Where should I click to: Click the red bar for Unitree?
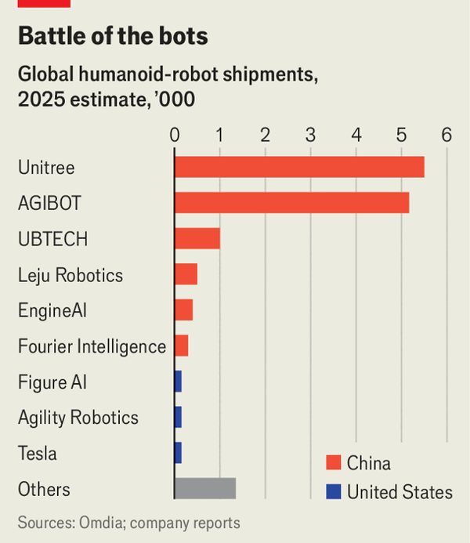298,167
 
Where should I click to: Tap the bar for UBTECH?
197,238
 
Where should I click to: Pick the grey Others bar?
204,488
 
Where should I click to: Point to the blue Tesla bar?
178,453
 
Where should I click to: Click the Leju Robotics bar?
186,274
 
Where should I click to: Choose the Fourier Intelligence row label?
92,346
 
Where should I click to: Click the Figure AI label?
52,382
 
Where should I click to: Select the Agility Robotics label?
78,418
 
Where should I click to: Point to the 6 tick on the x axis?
446,135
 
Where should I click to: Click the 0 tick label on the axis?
175,135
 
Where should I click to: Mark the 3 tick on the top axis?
311,135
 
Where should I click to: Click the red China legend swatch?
334,462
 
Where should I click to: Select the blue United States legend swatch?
334,492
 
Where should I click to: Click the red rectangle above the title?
44,3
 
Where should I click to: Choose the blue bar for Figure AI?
178,382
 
